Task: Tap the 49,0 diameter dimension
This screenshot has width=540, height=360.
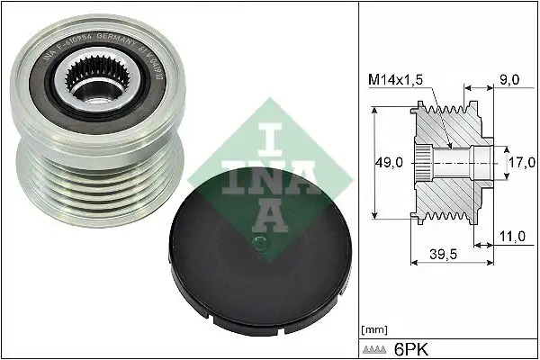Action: (388, 163)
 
